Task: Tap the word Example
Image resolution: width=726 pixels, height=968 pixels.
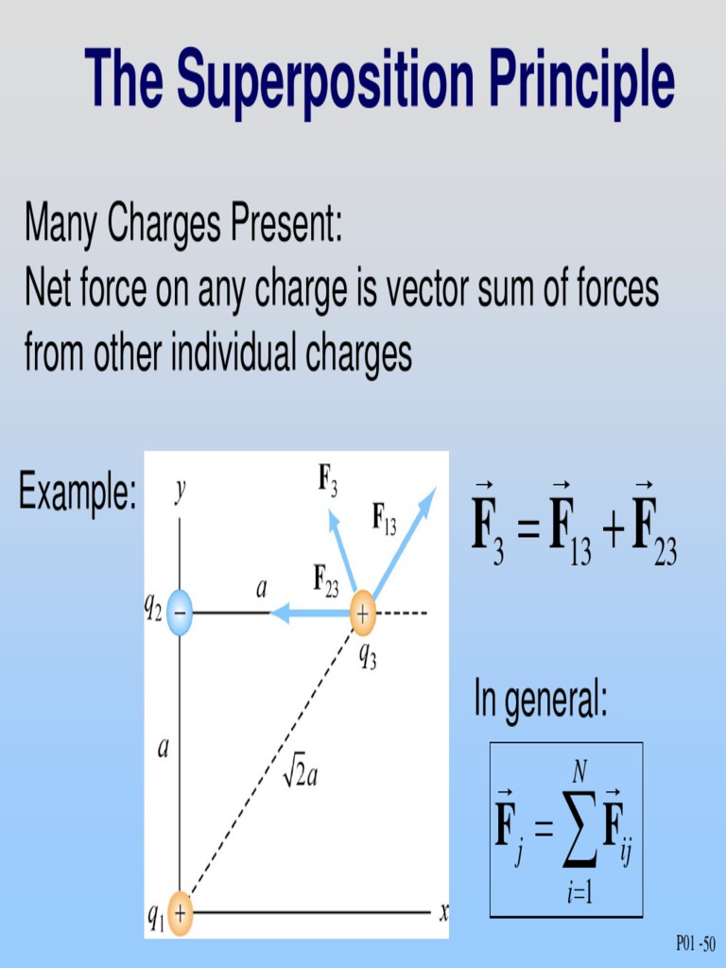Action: [x=78, y=494]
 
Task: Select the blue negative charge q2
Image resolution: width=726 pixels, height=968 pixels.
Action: [x=181, y=613]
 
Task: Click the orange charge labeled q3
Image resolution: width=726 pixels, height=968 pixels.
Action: [x=362, y=613]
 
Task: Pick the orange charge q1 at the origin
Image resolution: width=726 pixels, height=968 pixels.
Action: [x=180, y=913]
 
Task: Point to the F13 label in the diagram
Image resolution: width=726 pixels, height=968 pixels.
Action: [x=384, y=519]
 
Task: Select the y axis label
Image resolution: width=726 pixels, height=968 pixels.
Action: [x=180, y=492]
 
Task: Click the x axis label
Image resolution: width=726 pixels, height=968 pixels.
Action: [x=443, y=912]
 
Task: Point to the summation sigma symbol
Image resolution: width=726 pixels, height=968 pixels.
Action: [x=578, y=831]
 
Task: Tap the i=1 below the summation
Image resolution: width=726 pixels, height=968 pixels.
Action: [x=579, y=891]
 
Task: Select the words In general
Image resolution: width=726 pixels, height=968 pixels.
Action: [x=540, y=702]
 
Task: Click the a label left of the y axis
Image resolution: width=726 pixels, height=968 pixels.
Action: [x=164, y=750]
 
